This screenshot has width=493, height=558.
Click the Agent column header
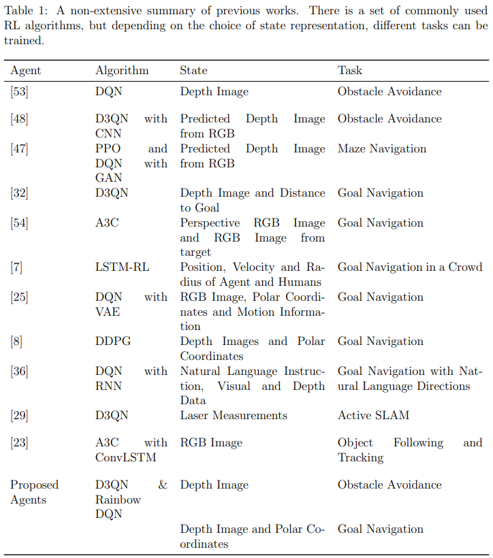point(26,71)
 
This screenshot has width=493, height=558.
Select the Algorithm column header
point(122,71)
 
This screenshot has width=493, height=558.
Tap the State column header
point(193,70)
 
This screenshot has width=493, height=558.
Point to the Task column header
point(350,70)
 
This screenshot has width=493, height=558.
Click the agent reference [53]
point(19,92)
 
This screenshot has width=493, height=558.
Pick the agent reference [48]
point(19,119)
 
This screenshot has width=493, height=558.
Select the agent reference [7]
point(16,267)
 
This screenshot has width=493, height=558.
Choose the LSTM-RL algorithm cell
point(122,267)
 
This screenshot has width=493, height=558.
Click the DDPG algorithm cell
point(112,342)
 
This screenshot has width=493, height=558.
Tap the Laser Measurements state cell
point(234,415)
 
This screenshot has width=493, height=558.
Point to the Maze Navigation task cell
point(382,149)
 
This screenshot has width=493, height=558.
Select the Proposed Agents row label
point(34,492)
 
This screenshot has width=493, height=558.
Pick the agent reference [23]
point(19,443)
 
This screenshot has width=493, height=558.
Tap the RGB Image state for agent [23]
point(211,443)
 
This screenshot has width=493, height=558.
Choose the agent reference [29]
point(19,415)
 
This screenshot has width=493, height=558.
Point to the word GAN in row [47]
point(109,178)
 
